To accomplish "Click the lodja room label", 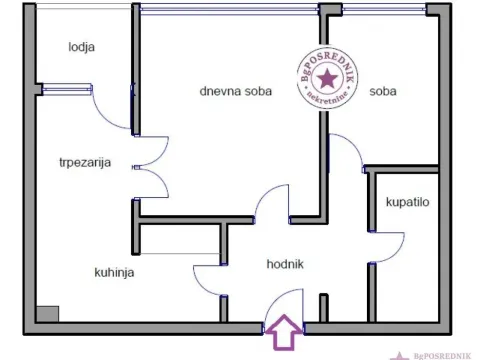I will point(82,46).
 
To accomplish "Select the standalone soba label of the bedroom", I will point(383,91).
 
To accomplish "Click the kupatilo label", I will point(407,202).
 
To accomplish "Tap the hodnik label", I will point(284,265).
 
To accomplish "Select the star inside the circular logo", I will point(328,77).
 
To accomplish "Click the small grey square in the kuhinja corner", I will point(44,313).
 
